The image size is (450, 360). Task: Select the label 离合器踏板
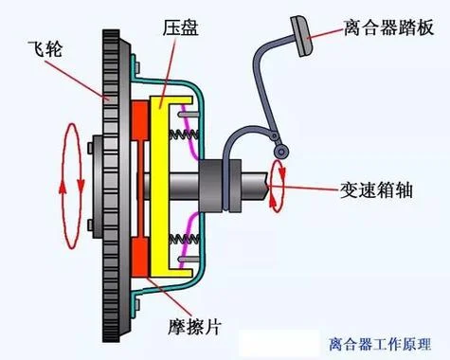[388, 27]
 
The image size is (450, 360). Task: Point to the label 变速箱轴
[376, 190]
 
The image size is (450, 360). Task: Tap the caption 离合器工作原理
[380, 344]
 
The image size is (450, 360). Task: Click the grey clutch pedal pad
[302, 36]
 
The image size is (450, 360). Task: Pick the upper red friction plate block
[139, 120]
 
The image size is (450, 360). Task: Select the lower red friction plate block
[139, 257]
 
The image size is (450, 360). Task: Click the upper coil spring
[184, 135]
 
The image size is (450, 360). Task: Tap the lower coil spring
[184, 239]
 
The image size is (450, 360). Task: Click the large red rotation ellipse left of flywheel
[72, 186]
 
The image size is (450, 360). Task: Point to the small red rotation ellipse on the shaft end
[277, 186]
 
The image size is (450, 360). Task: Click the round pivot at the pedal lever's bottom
[280, 152]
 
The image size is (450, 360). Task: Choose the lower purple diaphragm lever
[189, 240]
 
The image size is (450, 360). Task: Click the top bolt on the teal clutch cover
[137, 68]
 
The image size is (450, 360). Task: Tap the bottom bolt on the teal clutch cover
[137, 304]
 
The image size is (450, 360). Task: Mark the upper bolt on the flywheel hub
[90, 148]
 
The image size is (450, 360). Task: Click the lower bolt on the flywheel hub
[90, 225]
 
